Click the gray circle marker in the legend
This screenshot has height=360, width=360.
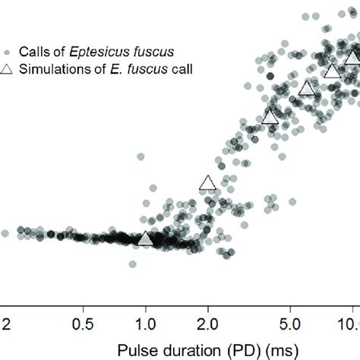click(x=7, y=52)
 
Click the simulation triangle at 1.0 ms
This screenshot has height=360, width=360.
click(x=145, y=238)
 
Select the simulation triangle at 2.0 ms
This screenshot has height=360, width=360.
click(x=207, y=182)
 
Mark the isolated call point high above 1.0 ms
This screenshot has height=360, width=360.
click(x=141, y=156)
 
